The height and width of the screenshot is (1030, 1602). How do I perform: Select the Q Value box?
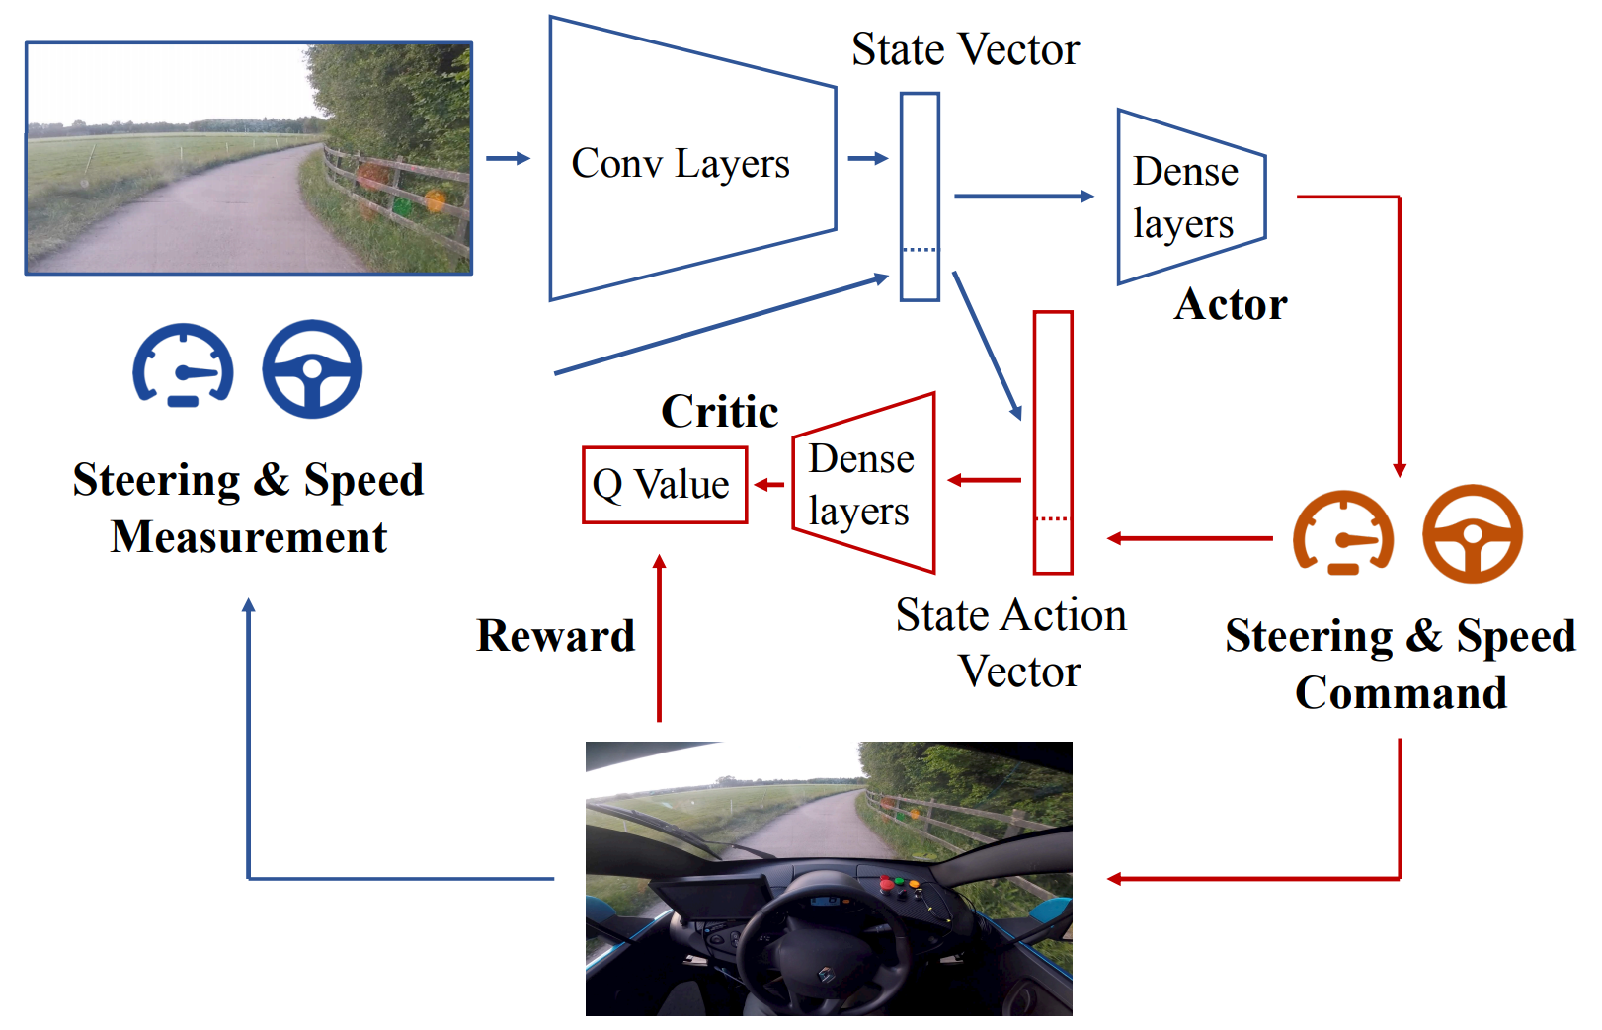664,485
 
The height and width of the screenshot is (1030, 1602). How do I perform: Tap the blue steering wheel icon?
312,369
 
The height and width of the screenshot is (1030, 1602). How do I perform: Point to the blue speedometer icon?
184,365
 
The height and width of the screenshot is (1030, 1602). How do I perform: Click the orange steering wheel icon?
1472,533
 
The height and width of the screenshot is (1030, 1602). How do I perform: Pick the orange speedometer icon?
1343,533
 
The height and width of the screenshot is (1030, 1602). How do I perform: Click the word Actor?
1230,304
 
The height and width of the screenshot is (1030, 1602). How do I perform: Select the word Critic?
719,411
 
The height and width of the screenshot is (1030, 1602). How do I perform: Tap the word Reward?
555,635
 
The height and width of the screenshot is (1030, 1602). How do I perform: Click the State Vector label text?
965,49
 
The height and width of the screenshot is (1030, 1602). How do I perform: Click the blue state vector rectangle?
920,197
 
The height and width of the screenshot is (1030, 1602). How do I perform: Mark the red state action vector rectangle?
1053,441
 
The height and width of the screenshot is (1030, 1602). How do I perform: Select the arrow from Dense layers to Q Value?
769,485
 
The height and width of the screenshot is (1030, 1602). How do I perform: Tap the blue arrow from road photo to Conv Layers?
508,159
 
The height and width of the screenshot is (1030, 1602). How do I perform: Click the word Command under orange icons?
1401,692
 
